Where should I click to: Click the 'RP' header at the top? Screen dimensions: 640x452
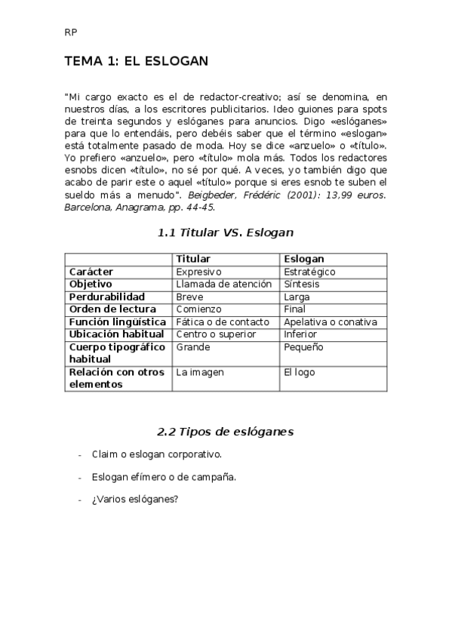pos(70,32)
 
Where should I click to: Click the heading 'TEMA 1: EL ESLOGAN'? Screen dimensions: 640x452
pos(136,60)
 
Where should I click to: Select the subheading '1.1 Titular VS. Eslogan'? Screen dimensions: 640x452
pos(226,233)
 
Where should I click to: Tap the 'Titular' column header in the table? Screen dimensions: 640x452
pos(193,259)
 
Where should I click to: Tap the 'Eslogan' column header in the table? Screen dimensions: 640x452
pos(303,259)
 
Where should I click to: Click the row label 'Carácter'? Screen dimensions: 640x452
pos(91,272)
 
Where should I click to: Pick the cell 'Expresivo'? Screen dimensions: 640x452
pos(199,272)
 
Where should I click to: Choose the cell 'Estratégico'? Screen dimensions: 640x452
pos(309,272)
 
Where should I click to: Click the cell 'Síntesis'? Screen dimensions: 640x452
pos(301,285)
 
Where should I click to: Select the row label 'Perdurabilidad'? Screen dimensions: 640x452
pos(107,297)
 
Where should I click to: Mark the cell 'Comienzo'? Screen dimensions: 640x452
pos(198,309)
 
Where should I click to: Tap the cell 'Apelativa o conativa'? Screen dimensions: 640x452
pos(330,322)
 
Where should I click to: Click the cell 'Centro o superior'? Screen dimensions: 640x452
pos(216,334)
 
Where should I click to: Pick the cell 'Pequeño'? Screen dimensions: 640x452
pos(303,347)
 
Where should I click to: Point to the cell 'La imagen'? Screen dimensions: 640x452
pos(199,372)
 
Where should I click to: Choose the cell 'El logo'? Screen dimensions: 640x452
pos(299,372)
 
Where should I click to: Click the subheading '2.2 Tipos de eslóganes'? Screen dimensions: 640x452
pos(226,432)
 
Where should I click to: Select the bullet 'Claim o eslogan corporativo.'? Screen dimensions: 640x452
pos(157,455)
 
